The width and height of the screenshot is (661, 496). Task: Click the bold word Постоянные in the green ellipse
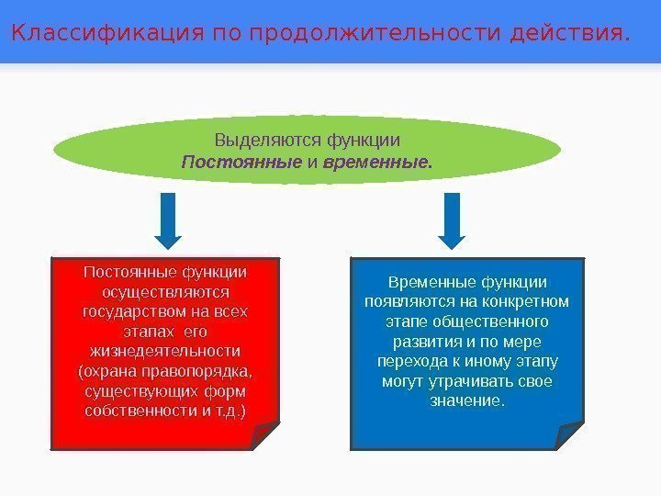pyautogui.click(x=241, y=163)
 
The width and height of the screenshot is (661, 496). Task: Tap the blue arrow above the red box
pyautogui.click(x=167, y=220)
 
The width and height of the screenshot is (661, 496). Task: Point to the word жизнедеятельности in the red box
pyautogui.click(x=165, y=352)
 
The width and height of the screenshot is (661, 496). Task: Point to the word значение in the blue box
pyautogui.click(x=465, y=402)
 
